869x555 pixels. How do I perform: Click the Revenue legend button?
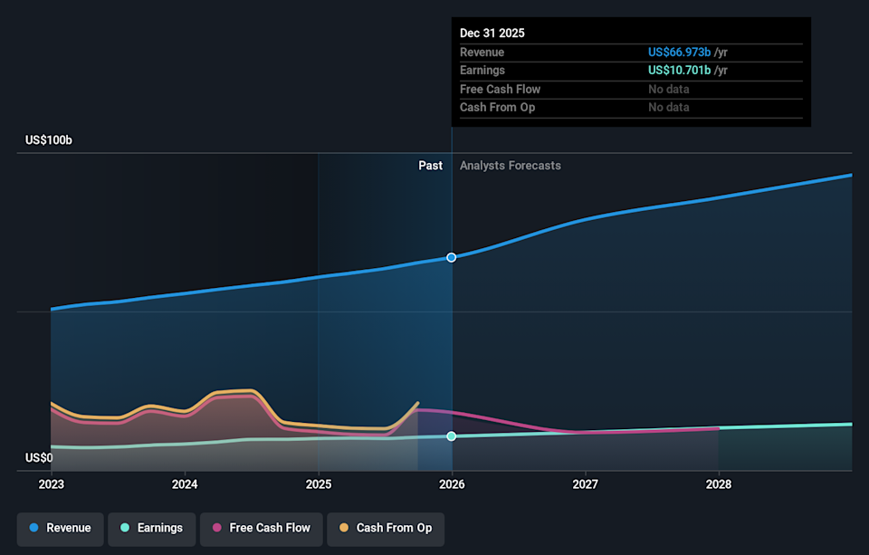pos(61,528)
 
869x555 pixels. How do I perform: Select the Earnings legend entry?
pos(151,528)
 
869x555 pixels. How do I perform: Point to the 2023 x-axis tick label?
pos(52,484)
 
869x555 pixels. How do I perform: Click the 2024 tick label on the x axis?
pos(185,484)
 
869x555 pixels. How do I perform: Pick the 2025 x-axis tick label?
pos(319,484)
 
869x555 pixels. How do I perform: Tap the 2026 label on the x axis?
pos(452,484)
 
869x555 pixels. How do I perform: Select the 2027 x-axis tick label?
pos(586,484)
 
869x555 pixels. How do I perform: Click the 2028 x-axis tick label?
pos(719,484)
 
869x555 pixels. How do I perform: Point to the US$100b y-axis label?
pos(49,140)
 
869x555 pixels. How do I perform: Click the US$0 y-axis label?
pos(39,458)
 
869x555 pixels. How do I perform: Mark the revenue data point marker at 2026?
pos(452,257)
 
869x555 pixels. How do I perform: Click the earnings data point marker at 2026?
pos(452,436)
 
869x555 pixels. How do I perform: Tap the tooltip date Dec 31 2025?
pos(492,33)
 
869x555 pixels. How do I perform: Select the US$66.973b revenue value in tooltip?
pos(679,53)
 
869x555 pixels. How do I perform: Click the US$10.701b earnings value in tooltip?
pos(679,71)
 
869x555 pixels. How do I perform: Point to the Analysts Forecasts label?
pos(511,166)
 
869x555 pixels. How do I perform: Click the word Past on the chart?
pos(430,166)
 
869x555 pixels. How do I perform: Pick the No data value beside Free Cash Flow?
pos(668,89)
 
